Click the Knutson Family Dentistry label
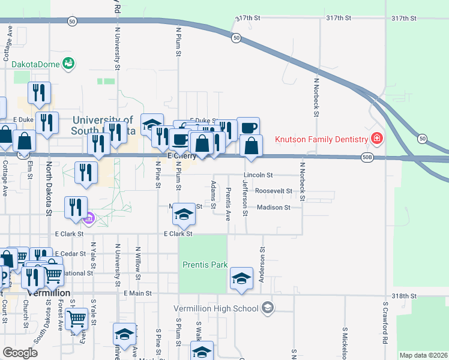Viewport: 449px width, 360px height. click(321, 139)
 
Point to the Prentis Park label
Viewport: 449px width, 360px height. click(205, 264)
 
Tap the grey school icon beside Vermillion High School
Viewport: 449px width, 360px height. click(267, 308)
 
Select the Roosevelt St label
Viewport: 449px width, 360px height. click(273, 191)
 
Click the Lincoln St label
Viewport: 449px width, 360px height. click(258, 175)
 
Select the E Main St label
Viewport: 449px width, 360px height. click(137, 293)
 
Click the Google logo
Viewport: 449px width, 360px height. click(20, 352)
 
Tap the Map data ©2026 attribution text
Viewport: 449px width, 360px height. click(423, 355)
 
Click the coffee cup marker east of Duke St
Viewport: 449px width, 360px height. click(248, 127)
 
